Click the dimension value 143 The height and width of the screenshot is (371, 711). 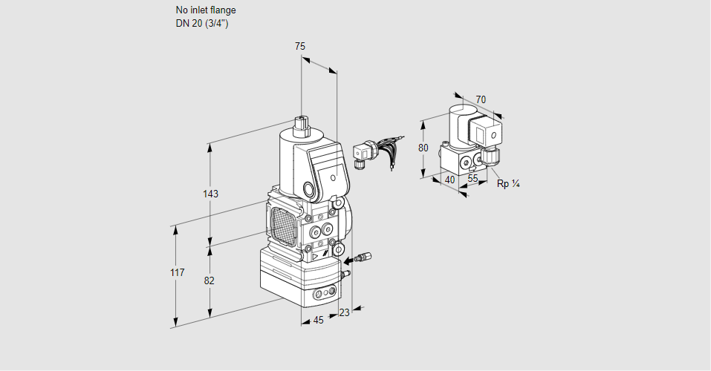tap(210, 194)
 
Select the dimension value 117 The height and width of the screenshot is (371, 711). tap(176, 273)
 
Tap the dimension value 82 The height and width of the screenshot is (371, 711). tap(210, 280)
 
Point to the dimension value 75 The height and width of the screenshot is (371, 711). tap(300, 47)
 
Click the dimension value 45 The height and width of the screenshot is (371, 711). tap(318, 321)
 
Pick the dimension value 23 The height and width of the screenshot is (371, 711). tap(344, 313)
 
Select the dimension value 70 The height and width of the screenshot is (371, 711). tap(481, 99)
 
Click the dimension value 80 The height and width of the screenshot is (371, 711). tap(423, 148)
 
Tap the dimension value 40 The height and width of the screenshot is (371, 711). tap(449, 179)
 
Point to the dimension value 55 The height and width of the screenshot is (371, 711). tap(473, 179)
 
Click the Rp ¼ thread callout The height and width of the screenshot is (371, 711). tap(508, 183)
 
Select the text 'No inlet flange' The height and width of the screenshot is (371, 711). tap(206, 10)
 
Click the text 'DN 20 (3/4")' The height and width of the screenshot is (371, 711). tap(201, 23)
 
